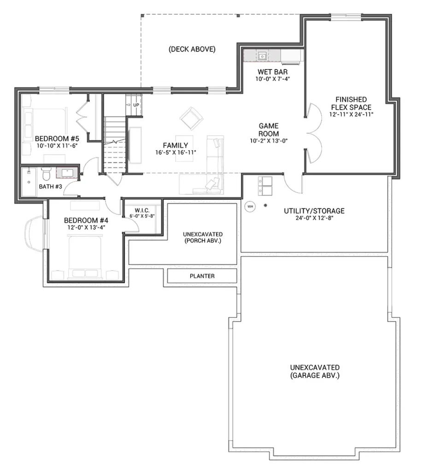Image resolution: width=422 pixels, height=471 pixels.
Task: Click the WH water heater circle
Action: tap(250, 207)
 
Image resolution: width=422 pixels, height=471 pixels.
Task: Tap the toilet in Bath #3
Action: tap(47, 173)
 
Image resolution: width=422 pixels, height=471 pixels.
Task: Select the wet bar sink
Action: tap(262, 56)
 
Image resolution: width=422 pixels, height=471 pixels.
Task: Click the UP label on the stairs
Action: tap(136, 105)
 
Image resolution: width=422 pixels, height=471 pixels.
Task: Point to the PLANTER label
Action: tap(202, 276)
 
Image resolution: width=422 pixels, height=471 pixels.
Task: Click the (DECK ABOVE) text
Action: tap(192, 49)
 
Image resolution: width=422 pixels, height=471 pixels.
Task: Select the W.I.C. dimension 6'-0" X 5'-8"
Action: tap(142, 216)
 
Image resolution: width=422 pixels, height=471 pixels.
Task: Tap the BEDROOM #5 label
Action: tap(57, 138)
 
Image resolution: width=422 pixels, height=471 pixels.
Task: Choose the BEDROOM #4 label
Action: tap(86, 220)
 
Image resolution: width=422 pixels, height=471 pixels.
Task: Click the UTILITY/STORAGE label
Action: tap(314, 211)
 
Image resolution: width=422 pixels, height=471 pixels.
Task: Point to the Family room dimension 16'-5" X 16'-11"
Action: tap(176, 153)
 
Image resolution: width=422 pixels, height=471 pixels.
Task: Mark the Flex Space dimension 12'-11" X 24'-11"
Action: tap(352, 114)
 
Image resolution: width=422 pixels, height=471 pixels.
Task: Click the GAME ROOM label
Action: tap(269, 129)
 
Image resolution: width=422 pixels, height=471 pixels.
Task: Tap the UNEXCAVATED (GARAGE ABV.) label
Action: tap(315, 371)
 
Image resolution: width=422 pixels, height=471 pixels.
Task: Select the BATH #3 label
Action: tap(51, 187)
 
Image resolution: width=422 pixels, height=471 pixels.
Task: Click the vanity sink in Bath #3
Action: tap(67, 173)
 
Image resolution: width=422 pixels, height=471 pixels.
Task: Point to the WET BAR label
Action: tap(273, 72)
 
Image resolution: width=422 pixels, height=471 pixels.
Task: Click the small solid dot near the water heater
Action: tap(265, 206)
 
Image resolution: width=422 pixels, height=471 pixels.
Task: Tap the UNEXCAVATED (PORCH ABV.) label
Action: tap(203, 237)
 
